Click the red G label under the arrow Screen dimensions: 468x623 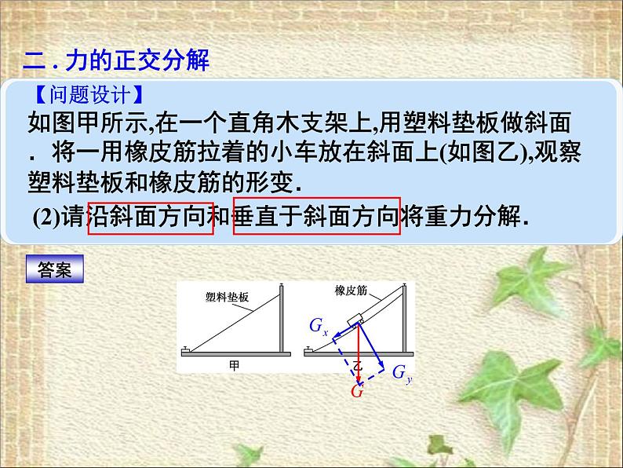coord(357,391)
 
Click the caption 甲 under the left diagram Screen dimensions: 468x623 coord(234,364)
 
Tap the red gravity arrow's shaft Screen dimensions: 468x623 coord(359,353)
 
